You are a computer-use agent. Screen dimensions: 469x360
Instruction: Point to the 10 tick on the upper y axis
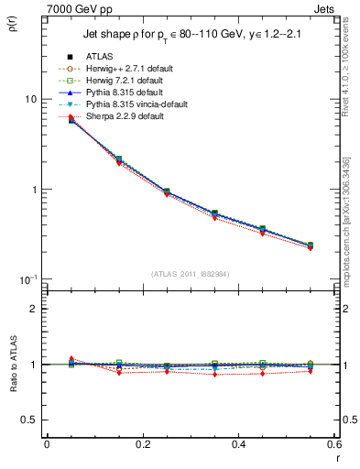coord(29,99)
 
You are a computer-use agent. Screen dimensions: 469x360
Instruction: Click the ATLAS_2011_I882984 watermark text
coord(189,274)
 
